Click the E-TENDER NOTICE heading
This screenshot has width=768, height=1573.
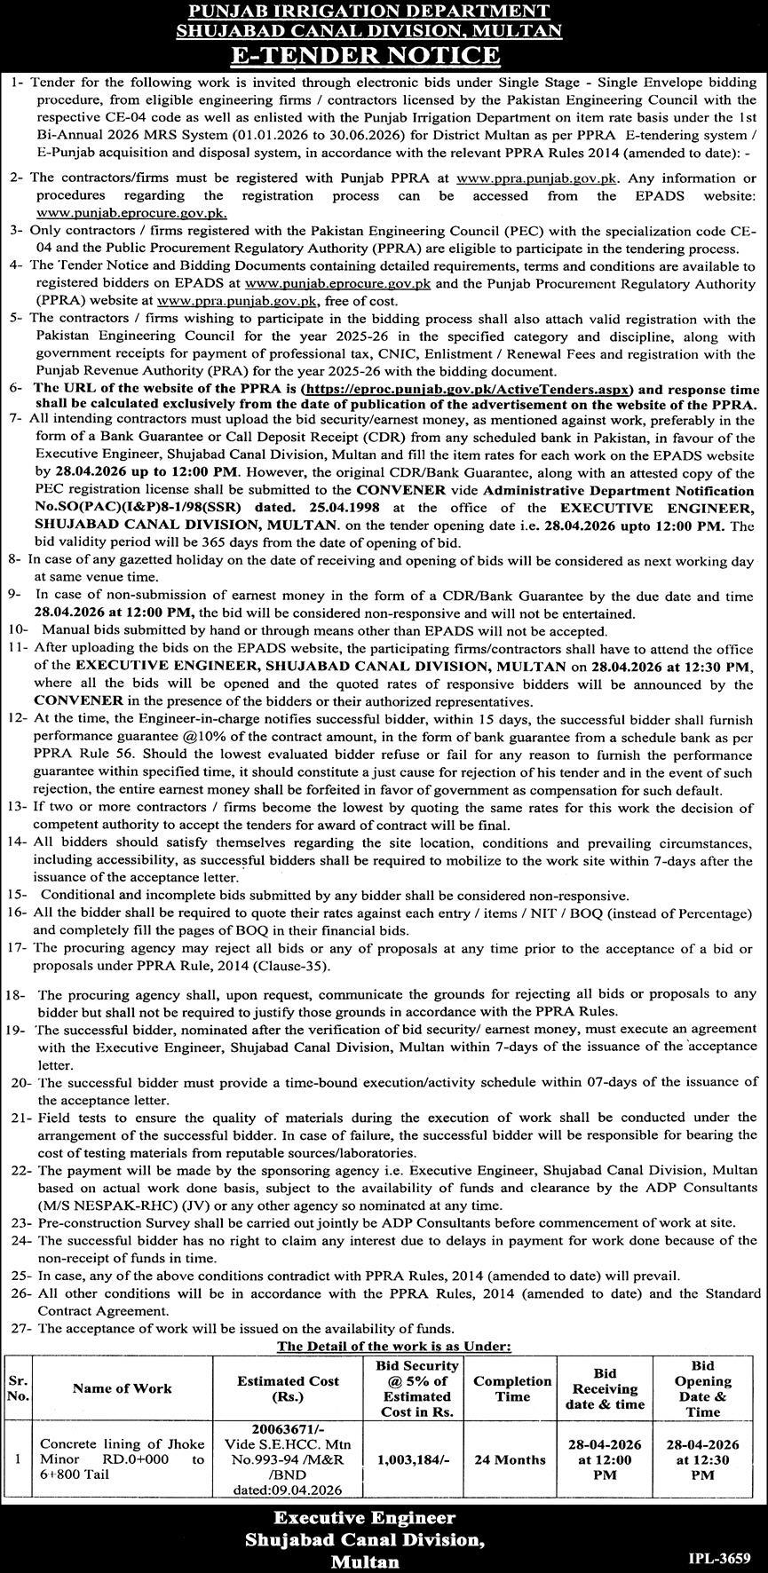coord(384,55)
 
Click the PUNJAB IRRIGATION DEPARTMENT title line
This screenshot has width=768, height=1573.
coord(384,12)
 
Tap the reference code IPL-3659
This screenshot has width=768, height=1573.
coord(720,1557)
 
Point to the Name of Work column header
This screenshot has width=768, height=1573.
coord(123,1387)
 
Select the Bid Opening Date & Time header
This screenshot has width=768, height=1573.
coord(702,1387)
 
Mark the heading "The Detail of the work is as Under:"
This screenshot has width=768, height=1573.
coord(393,1347)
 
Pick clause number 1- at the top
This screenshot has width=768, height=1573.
coord(17,82)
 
